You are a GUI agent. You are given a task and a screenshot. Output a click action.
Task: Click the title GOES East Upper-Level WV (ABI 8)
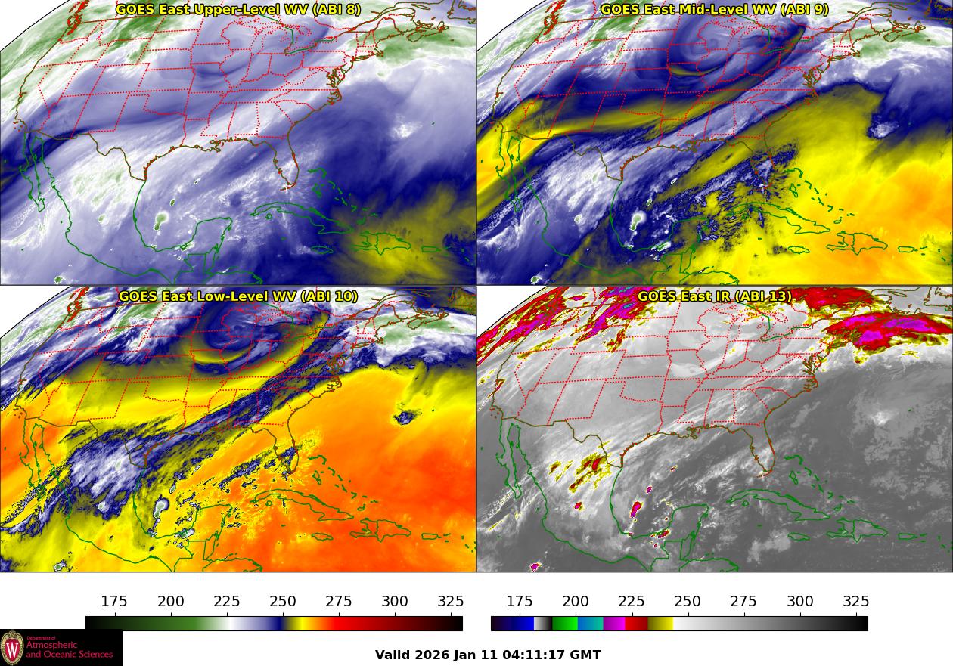238,10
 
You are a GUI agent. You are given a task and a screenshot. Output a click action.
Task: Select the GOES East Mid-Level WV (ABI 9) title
715,10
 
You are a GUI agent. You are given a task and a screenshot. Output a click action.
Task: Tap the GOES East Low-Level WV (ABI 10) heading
238,296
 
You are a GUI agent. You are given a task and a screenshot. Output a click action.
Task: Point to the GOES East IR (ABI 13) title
715,296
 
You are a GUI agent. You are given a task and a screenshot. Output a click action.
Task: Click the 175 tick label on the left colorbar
114,602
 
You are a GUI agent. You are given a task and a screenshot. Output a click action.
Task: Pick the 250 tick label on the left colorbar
283,602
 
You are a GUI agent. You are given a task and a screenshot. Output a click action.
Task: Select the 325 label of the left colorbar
451,602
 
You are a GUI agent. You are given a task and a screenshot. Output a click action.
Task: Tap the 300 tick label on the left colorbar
395,602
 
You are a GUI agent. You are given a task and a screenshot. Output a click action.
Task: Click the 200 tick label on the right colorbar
576,602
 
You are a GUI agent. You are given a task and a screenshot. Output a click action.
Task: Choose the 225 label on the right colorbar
632,602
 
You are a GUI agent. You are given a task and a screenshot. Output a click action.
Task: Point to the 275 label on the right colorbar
743,602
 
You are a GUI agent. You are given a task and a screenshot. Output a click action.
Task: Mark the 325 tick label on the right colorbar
856,602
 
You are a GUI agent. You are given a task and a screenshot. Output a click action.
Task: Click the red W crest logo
12,648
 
